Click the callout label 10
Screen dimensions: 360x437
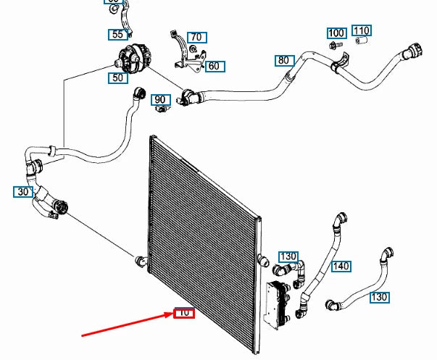coord(184,314)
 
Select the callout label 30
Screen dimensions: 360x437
coord(22,192)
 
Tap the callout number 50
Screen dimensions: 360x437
coord(117,77)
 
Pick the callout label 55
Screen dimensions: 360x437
coord(117,34)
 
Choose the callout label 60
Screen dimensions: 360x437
coord(215,66)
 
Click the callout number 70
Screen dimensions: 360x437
coord(196,37)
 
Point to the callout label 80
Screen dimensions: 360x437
coord(283,60)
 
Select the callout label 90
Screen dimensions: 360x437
coord(160,99)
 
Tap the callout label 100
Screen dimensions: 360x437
coord(336,33)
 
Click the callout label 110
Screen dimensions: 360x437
coord(362,30)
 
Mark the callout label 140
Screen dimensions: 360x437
coord(341,266)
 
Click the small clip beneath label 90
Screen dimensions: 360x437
coord(162,110)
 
